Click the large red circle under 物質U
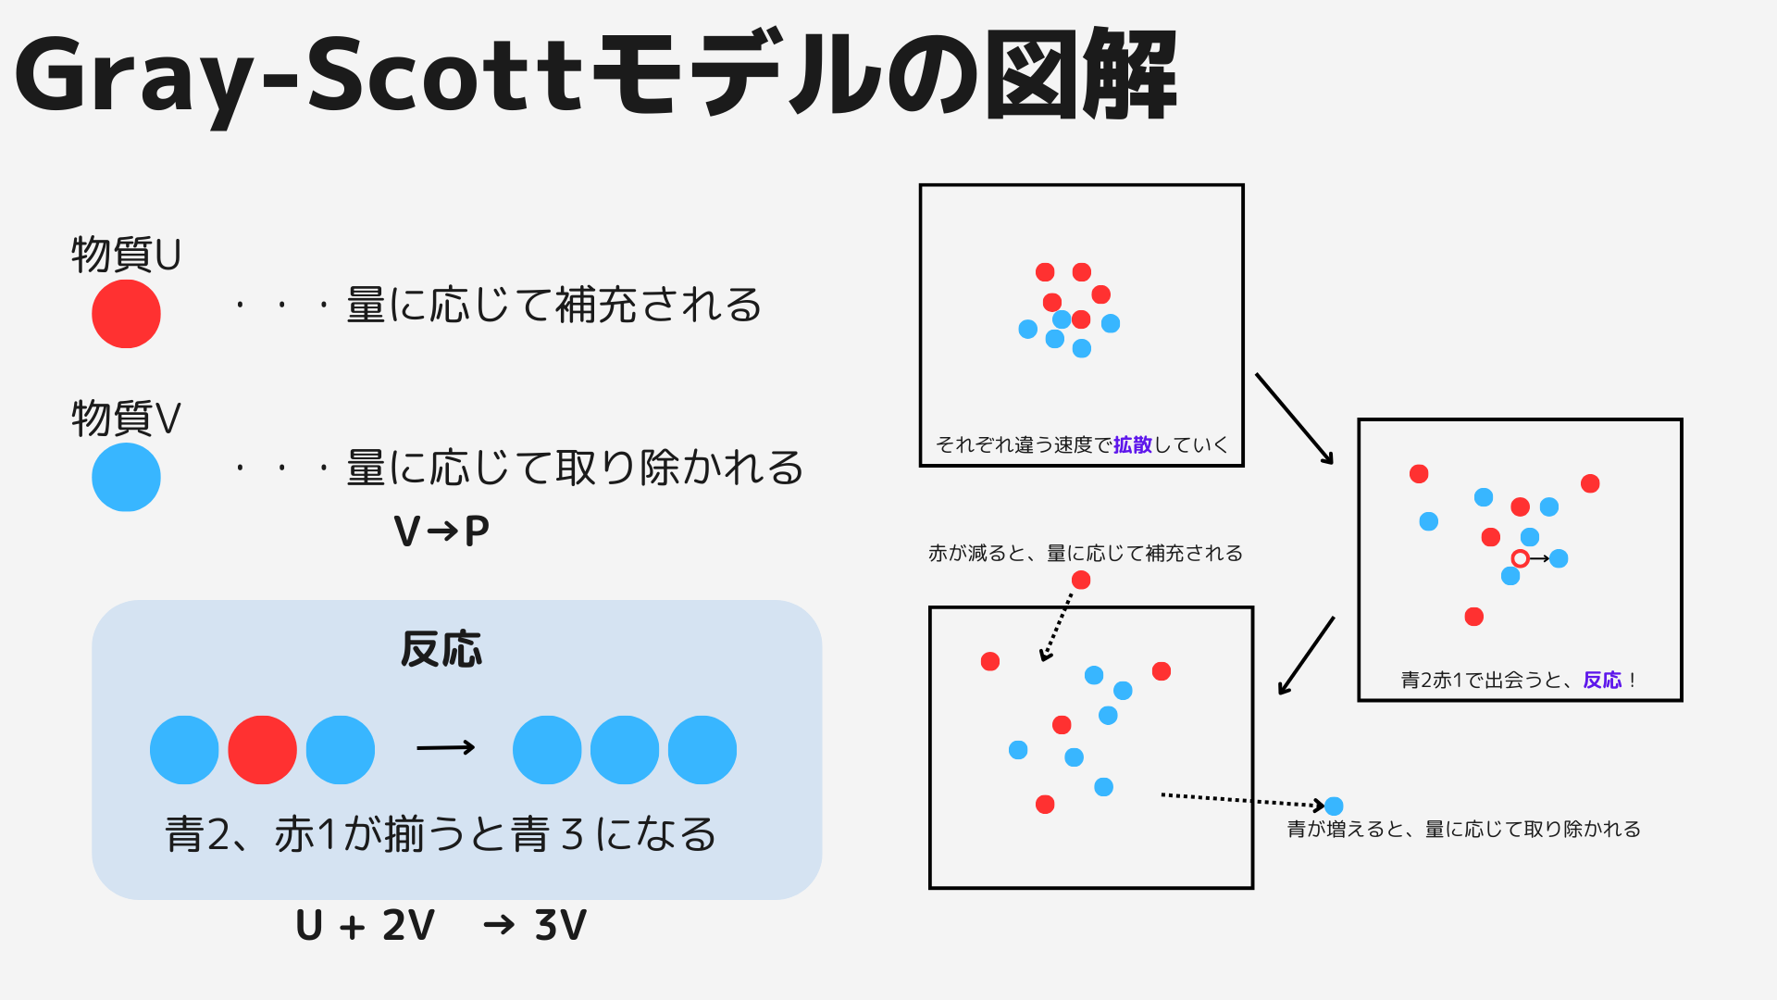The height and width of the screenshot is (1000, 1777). click(x=126, y=314)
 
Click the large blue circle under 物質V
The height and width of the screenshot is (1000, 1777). click(x=126, y=477)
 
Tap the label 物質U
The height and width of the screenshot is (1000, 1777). click(x=126, y=255)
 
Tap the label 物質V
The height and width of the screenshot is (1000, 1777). click(x=126, y=418)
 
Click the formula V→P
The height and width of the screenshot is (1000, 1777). click(x=441, y=531)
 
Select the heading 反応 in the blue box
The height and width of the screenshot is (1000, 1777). click(x=441, y=649)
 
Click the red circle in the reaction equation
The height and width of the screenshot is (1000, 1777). click(x=262, y=750)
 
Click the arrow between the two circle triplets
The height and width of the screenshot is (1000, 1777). click(x=445, y=747)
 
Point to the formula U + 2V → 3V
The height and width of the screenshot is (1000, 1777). click(x=441, y=925)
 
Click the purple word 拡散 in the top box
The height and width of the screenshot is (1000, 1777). click(x=1132, y=444)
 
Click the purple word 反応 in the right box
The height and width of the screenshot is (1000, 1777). click(x=1602, y=680)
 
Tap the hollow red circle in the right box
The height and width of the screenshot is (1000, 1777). click(x=1520, y=558)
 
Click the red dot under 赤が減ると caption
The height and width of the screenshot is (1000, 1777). click(x=1081, y=580)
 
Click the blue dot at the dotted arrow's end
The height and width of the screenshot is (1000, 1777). click(x=1334, y=806)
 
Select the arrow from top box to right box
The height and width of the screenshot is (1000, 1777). click(x=1294, y=419)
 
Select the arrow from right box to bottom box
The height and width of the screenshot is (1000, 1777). click(x=1306, y=656)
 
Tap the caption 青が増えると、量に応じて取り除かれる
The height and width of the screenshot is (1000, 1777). click(x=1463, y=829)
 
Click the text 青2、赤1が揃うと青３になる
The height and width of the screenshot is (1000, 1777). click(x=441, y=833)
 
